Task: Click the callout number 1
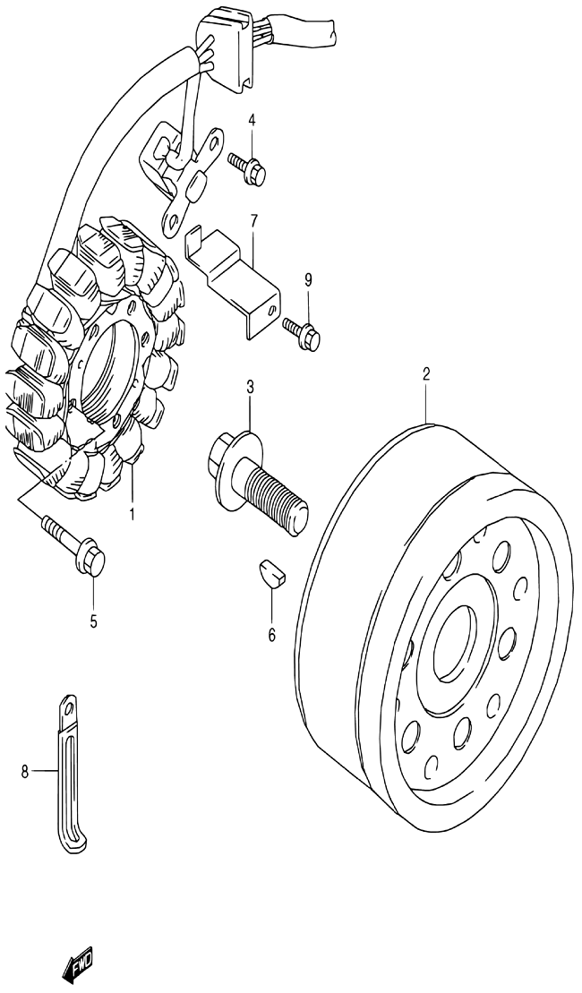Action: point(132,515)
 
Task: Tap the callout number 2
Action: point(427,373)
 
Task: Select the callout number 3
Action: point(250,387)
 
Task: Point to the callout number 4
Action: point(252,120)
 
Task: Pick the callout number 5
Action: point(93,622)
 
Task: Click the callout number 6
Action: point(271,635)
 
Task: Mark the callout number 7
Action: point(253,222)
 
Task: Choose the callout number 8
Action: point(25,771)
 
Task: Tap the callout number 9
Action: point(308,280)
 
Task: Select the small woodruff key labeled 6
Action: point(271,573)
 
